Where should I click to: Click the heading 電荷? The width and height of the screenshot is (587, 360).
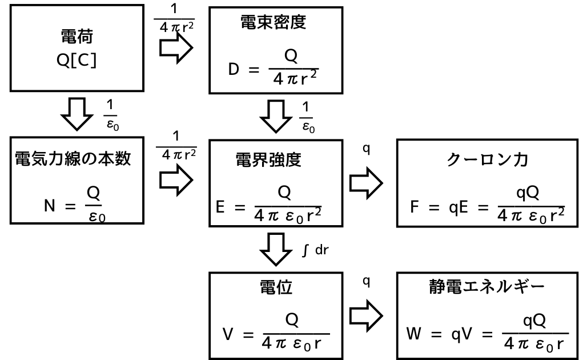[77, 38]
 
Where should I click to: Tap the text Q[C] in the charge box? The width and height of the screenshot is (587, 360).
[77, 61]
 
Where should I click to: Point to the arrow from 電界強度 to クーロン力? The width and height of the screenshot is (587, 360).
[365, 185]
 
